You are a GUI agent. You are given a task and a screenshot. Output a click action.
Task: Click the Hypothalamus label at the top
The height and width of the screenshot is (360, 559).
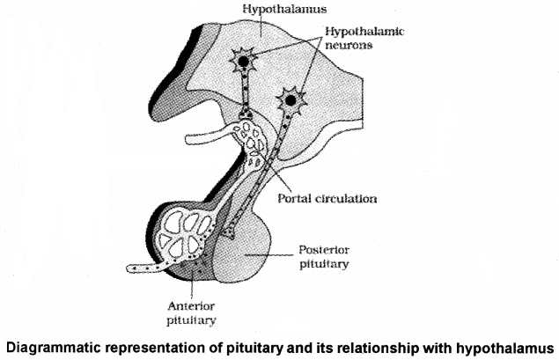click(x=262, y=9)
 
